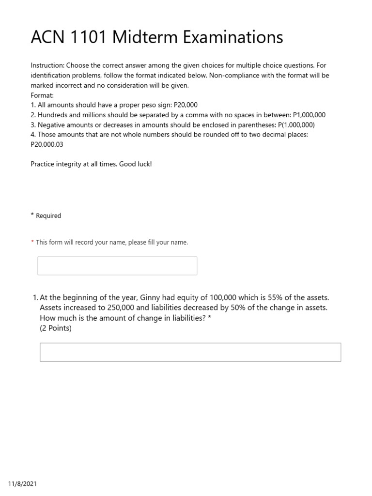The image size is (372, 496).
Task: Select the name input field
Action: (x=117, y=266)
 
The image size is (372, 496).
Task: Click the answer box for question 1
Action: (x=190, y=352)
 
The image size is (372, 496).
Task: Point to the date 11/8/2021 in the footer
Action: (x=22, y=484)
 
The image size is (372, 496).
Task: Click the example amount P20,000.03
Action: (x=47, y=144)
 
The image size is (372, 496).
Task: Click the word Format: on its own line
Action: (x=42, y=95)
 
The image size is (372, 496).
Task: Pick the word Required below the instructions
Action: (x=48, y=216)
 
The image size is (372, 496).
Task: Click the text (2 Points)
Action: (x=56, y=328)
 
